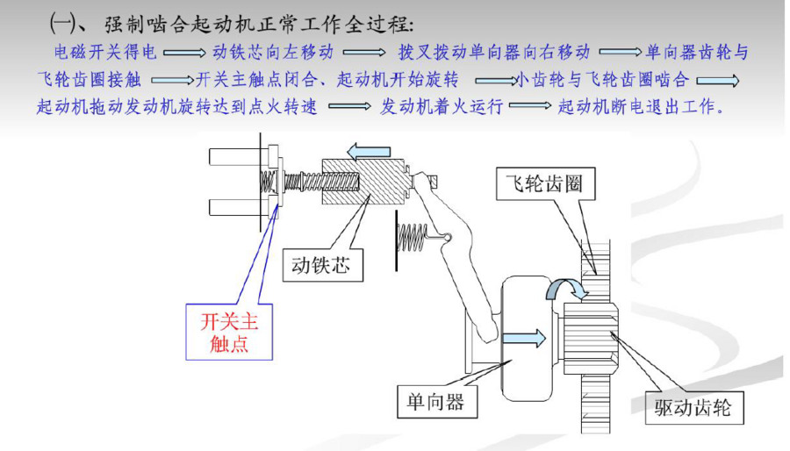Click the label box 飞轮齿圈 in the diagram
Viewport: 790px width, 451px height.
[546, 183]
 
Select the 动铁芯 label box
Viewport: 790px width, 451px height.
[322, 265]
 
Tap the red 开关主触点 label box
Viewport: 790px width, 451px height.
[229, 332]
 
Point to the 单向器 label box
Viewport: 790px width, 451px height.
[437, 402]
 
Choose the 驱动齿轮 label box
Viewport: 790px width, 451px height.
[694, 407]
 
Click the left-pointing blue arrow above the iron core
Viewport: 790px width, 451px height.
[369, 152]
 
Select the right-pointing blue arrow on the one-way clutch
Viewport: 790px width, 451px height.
[524, 338]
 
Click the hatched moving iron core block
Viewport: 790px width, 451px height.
[363, 182]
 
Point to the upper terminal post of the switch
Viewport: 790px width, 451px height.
[234, 156]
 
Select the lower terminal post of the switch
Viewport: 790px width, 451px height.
[234, 207]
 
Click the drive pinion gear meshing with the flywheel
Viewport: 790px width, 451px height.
[591, 339]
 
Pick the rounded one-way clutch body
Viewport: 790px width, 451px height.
[526, 339]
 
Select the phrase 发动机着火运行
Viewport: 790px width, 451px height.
[442, 106]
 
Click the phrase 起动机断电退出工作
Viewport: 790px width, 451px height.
[642, 106]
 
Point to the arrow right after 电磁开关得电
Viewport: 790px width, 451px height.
[184, 53]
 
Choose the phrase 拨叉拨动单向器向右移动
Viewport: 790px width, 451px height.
[494, 52]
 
